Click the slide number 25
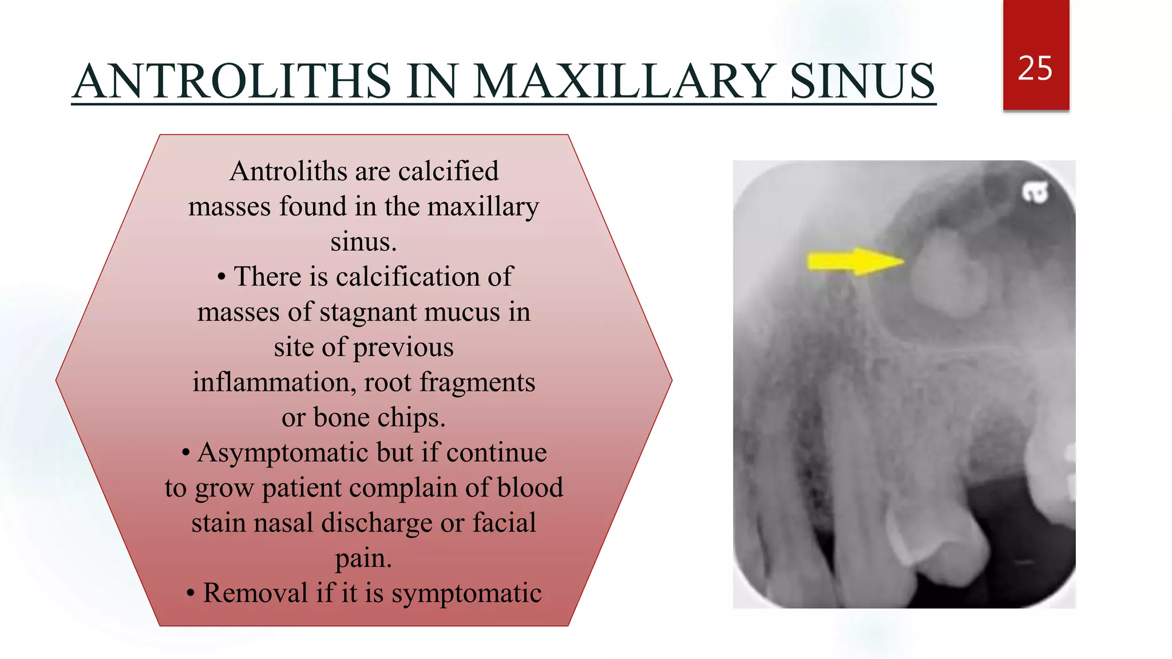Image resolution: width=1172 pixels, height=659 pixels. click(x=1035, y=69)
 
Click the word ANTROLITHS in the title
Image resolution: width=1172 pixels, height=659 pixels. click(x=232, y=81)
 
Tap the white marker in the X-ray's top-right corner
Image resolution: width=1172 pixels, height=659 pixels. click(x=1035, y=192)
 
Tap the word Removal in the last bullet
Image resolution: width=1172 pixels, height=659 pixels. click(x=255, y=593)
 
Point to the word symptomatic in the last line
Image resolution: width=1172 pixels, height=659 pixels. click(x=466, y=594)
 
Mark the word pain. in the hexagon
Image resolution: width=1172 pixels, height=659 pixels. click(x=363, y=558)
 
